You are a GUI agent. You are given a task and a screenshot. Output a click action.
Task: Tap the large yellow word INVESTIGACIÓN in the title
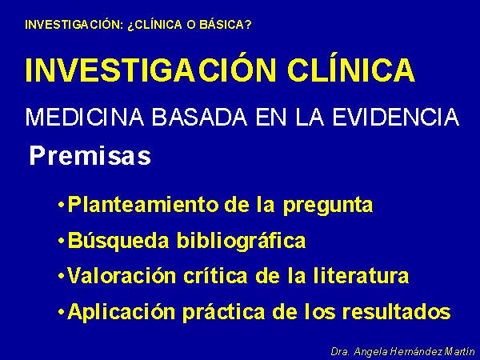tap(151, 70)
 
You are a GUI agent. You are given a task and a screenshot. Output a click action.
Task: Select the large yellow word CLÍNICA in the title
tap(351, 70)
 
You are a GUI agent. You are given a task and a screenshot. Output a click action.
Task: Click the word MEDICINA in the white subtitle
tap(85, 117)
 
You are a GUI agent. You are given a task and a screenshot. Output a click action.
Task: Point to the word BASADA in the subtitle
tap(199, 117)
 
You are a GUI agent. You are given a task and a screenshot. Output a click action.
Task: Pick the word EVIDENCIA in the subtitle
tap(396, 117)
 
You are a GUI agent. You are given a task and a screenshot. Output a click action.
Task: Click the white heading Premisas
tap(90, 156)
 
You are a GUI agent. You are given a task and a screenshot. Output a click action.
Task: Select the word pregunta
tap(328, 206)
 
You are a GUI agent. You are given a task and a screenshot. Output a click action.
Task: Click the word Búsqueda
tap(118, 241)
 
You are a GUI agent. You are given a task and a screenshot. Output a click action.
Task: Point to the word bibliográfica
tap(242, 241)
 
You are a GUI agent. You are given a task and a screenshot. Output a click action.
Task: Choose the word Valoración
tap(121, 276)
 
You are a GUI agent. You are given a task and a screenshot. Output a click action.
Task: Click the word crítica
tap(215, 276)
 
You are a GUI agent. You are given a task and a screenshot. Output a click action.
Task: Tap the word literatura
tap(362, 276)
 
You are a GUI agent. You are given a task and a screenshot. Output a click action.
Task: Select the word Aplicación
tap(121, 312)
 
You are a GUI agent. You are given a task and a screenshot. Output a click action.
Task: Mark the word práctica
tap(223, 312)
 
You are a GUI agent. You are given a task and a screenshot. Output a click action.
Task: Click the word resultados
tap(397, 311)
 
